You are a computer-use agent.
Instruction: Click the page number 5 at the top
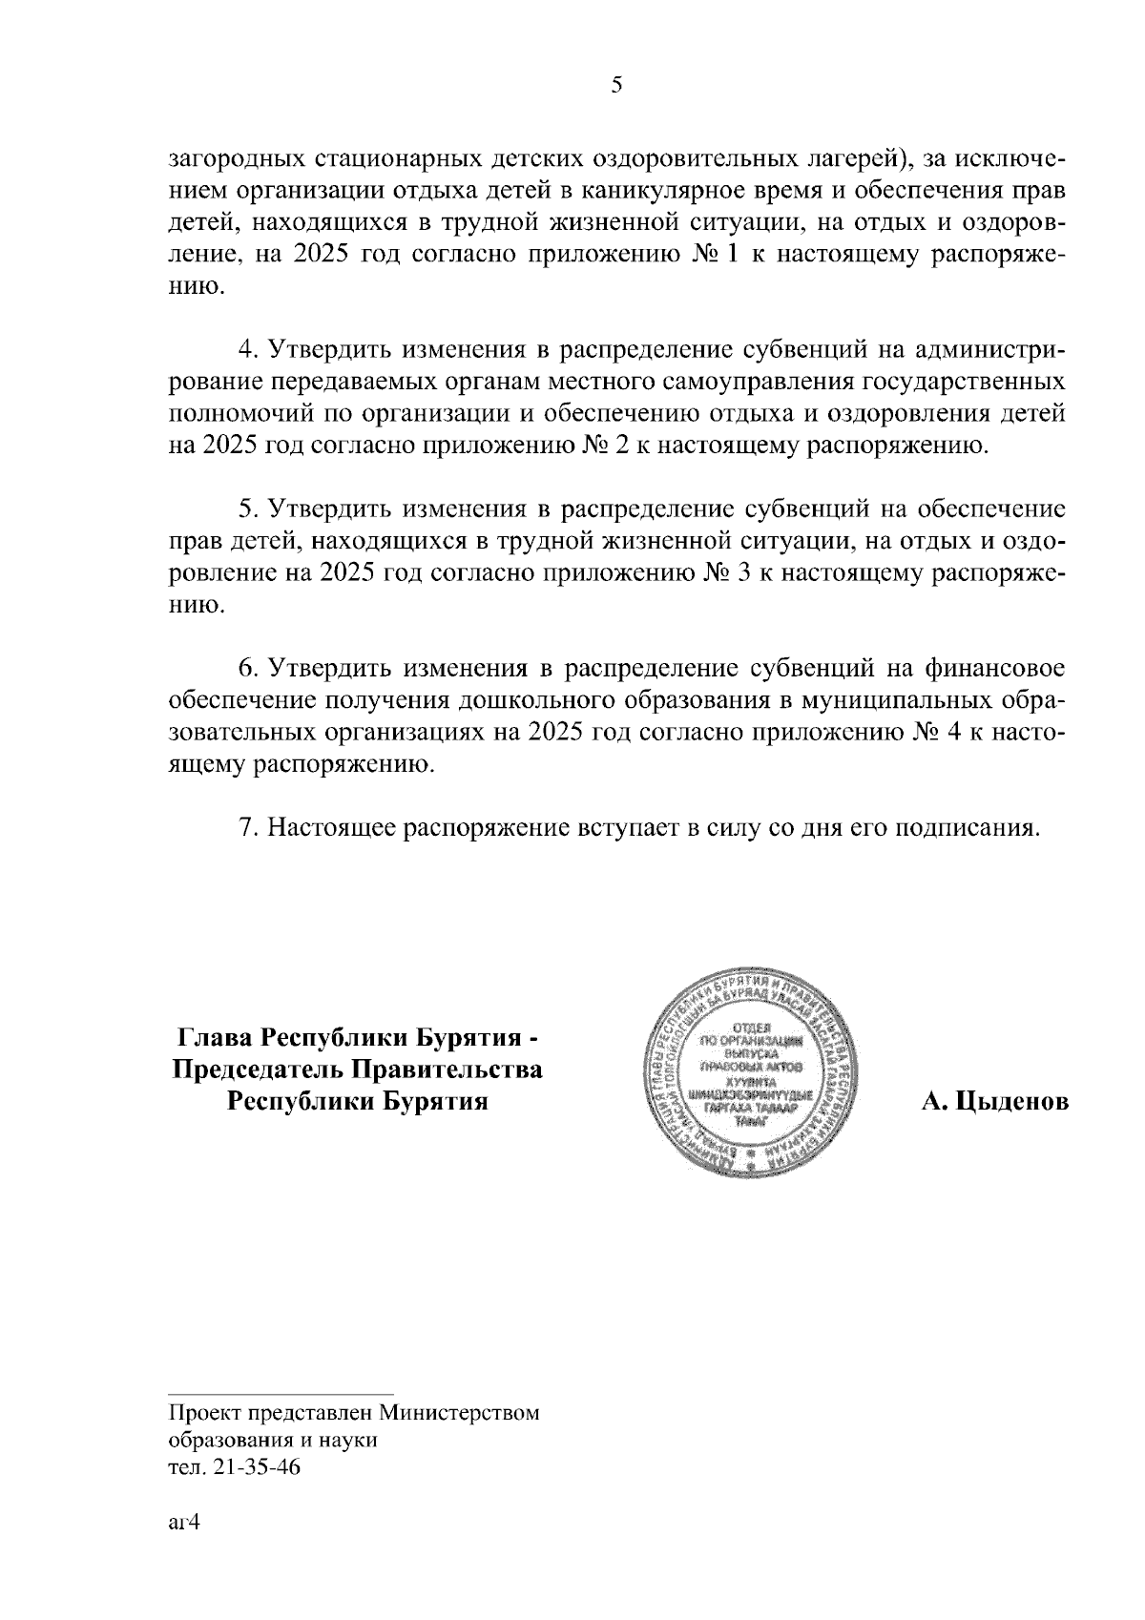click(615, 86)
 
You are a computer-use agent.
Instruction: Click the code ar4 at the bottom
click(182, 1523)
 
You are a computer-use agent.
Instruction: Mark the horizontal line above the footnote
click(281, 1393)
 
